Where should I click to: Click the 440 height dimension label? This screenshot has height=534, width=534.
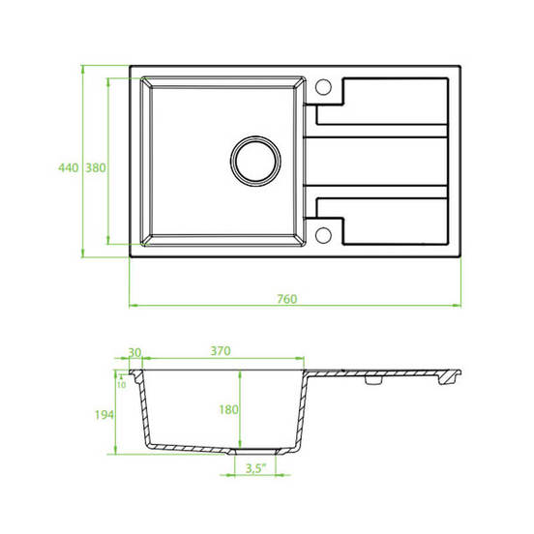coord(69,167)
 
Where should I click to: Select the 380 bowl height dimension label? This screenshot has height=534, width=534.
coord(95,167)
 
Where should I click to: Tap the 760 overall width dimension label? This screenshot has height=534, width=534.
coord(286,299)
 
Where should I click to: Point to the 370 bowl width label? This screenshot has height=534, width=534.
coord(221,351)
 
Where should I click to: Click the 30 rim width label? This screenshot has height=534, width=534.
coord(134,352)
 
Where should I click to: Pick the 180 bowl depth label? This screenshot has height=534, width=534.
coord(228,409)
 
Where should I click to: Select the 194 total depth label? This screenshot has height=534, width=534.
coord(104,414)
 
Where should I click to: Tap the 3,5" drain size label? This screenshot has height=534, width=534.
coord(255,468)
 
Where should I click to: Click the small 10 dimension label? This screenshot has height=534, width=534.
coord(122,385)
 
